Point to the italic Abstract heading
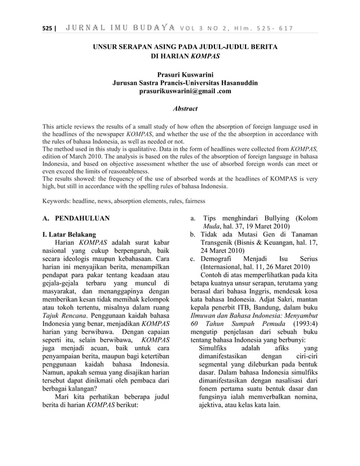coord(180,109)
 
